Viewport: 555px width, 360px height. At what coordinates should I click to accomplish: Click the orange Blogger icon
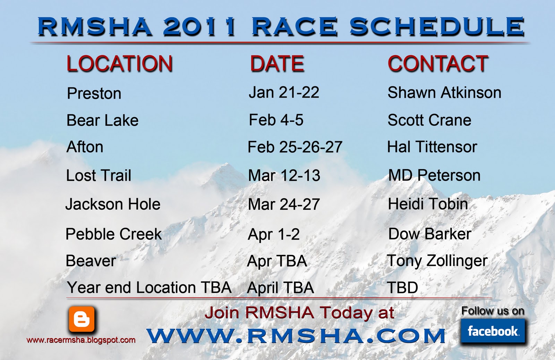click(82, 319)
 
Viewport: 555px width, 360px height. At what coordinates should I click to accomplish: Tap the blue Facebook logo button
click(493, 331)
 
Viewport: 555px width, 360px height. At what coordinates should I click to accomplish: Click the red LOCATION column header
click(119, 64)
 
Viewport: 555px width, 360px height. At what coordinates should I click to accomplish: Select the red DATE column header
click(277, 64)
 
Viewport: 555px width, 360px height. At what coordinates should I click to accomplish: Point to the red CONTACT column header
click(438, 64)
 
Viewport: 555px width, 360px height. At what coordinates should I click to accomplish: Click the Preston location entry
click(94, 93)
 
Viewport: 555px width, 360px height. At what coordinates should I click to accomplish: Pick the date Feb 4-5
click(276, 120)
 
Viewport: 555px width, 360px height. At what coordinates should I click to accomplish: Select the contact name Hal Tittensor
click(432, 147)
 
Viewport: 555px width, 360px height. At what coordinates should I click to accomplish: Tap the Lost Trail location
click(99, 175)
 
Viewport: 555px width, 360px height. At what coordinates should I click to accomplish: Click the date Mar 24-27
click(284, 204)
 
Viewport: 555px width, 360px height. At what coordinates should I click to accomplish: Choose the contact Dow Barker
click(430, 234)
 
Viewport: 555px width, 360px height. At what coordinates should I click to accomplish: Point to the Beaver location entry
click(91, 261)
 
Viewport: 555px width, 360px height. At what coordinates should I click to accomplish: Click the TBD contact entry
click(402, 287)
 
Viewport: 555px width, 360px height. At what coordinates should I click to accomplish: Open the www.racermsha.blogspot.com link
click(81, 340)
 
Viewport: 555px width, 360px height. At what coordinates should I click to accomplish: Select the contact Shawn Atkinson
click(444, 93)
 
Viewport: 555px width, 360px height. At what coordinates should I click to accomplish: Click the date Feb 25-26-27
click(295, 147)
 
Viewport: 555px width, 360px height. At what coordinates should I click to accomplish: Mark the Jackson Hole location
click(113, 204)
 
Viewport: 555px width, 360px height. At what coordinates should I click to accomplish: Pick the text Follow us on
click(493, 311)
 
